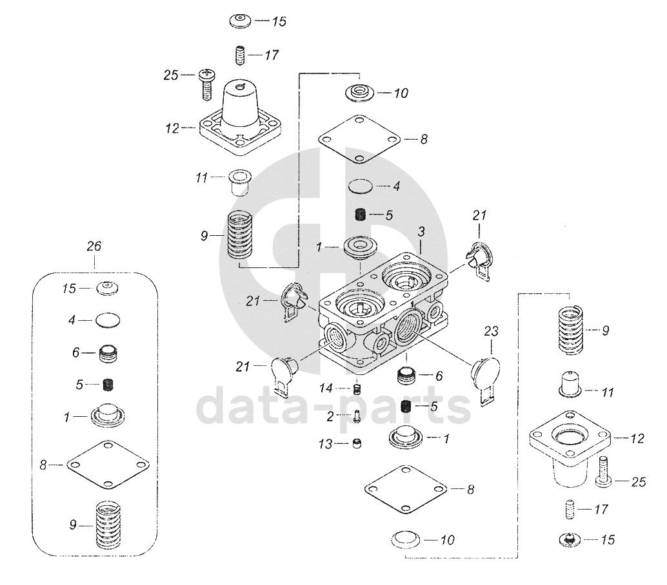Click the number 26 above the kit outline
point(94,246)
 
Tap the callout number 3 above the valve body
point(421,232)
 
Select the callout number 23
point(491,331)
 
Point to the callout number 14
point(326,388)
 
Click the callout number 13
point(325,445)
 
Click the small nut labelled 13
point(357,444)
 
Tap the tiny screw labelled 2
point(357,416)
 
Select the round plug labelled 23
point(485,379)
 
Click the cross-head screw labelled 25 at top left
point(206,84)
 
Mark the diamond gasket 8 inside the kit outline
point(108,465)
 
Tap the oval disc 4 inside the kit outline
point(108,320)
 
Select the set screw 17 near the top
point(240,55)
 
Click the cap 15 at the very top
point(241,21)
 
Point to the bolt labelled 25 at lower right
point(603,472)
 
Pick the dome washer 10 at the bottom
point(405,540)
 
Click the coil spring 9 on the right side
point(570,330)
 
